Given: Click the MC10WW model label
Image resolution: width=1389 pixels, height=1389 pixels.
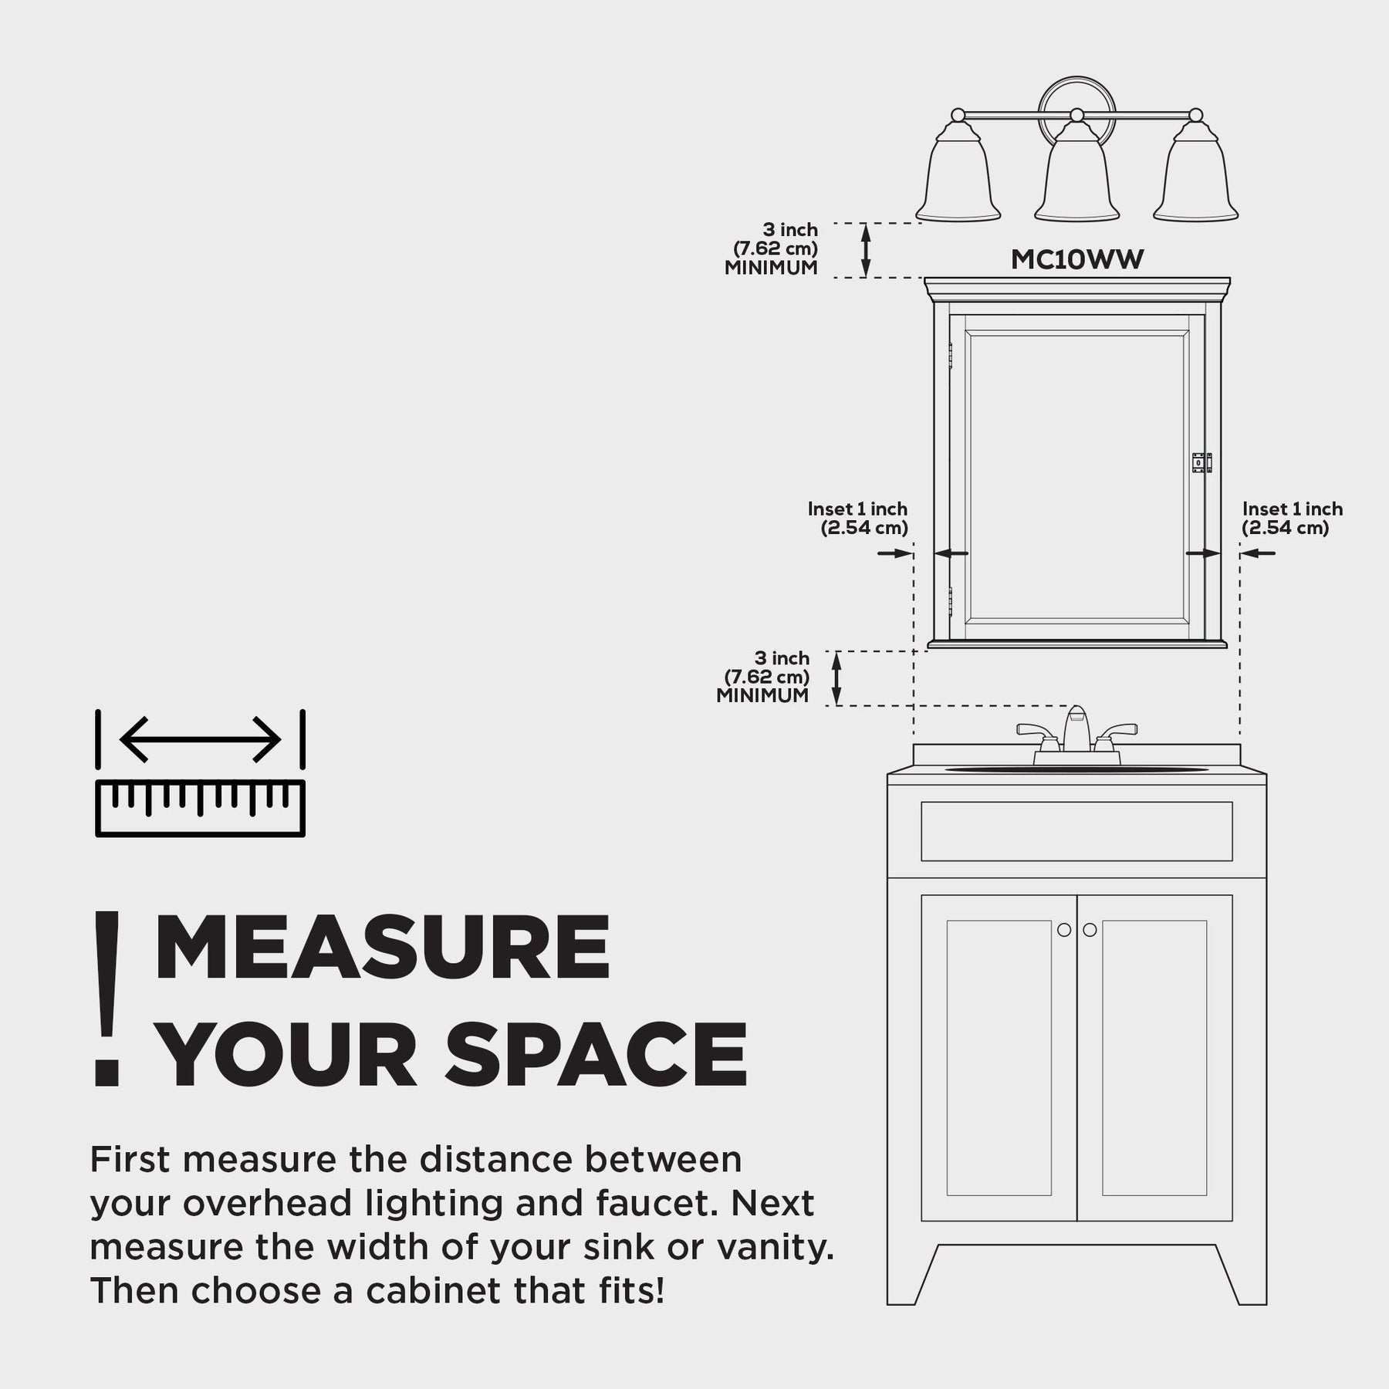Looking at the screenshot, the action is (x=1077, y=259).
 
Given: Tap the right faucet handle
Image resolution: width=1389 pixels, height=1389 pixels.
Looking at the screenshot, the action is (x=1116, y=735).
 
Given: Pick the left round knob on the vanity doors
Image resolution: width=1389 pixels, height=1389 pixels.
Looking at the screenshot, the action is (x=1064, y=930).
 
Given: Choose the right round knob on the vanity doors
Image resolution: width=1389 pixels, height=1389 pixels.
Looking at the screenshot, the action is (x=1090, y=930).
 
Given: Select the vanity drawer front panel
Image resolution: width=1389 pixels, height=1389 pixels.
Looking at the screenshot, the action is (x=1076, y=831).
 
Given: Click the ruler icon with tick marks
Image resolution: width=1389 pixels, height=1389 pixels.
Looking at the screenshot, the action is (x=201, y=808).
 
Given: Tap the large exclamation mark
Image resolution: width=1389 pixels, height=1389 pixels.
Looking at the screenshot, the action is (x=107, y=999).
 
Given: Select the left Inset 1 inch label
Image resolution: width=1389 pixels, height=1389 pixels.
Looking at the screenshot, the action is (x=858, y=519).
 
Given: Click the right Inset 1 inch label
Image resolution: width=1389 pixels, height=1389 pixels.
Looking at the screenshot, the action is (x=1293, y=519).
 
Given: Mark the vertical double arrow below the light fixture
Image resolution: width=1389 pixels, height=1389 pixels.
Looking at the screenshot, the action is (x=866, y=250).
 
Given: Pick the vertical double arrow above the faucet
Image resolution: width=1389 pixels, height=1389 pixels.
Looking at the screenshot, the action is (x=836, y=678).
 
